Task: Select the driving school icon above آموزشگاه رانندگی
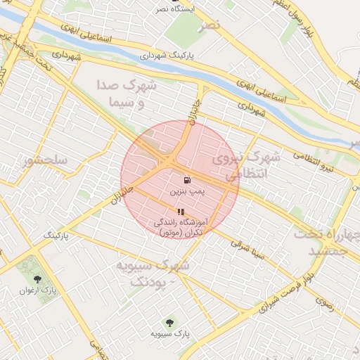pos(181,212)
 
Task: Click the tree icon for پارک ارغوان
pos(37,279)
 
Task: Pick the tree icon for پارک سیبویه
pos(169,322)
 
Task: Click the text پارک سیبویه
pos(169,333)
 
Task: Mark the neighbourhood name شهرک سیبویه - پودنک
pos(160,273)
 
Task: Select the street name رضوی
pos(326,304)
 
